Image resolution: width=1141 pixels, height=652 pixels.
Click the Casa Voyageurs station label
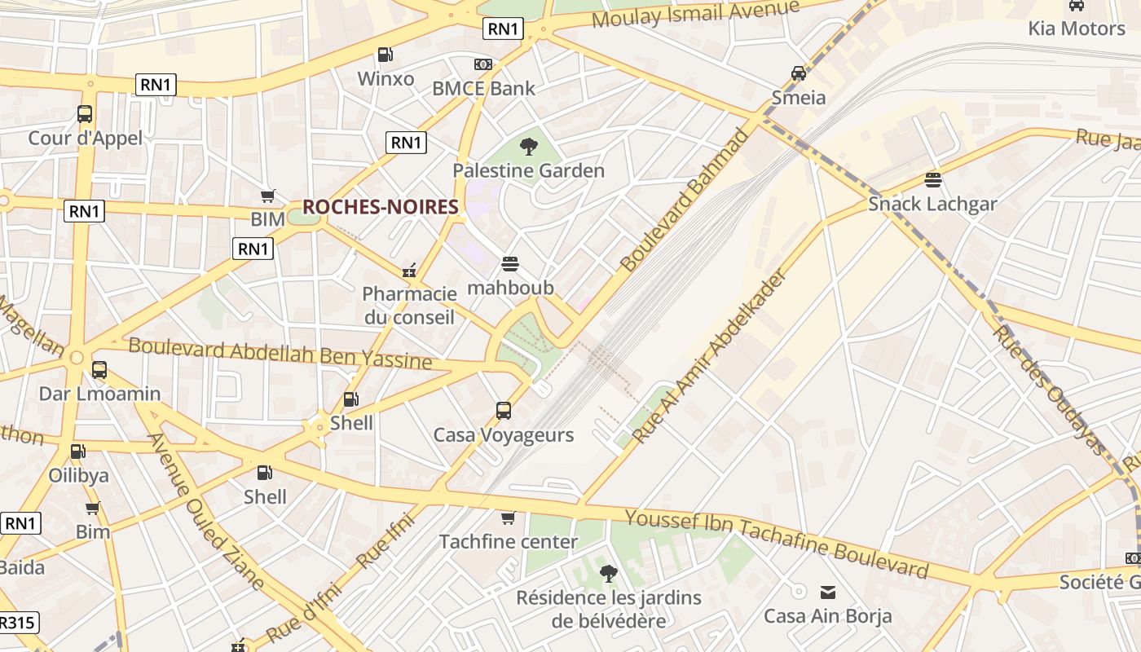(x=503, y=435)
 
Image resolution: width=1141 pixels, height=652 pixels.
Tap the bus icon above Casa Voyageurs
(x=504, y=410)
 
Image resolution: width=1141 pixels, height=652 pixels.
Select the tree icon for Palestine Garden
(x=529, y=147)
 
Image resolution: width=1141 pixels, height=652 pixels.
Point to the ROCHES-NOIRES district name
(x=380, y=207)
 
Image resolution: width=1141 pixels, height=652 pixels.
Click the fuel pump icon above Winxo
(x=385, y=55)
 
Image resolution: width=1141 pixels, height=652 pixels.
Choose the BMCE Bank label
(x=483, y=88)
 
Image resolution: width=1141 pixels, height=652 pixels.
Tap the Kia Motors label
(x=1076, y=29)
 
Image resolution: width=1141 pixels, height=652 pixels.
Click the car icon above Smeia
(x=799, y=73)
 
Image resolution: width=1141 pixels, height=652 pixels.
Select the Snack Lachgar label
(x=932, y=204)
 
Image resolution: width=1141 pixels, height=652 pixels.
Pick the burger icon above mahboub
(x=510, y=263)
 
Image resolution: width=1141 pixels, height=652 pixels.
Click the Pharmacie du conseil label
(x=409, y=305)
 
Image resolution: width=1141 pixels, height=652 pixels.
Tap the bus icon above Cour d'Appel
(x=85, y=114)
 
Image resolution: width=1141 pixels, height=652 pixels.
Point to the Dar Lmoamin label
(x=99, y=394)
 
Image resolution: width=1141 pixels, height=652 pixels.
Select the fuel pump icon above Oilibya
(x=78, y=451)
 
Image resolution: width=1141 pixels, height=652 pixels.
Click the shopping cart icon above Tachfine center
(x=509, y=518)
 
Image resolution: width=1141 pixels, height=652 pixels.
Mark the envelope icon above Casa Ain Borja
(x=828, y=592)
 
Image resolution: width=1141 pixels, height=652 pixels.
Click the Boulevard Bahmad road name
(x=684, y=200)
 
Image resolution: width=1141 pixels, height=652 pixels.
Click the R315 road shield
(x=16, y=623)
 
